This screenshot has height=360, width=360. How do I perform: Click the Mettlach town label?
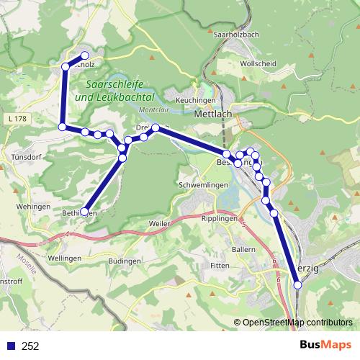coord(214,113)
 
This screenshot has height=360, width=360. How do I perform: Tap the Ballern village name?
coord(244,249)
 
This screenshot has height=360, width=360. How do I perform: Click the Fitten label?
coord(219,266)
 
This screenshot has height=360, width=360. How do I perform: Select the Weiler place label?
coord(158,225)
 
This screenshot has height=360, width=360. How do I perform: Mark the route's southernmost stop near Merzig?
coord(297,285)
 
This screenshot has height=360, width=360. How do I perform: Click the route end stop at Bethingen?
coord(84,212)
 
